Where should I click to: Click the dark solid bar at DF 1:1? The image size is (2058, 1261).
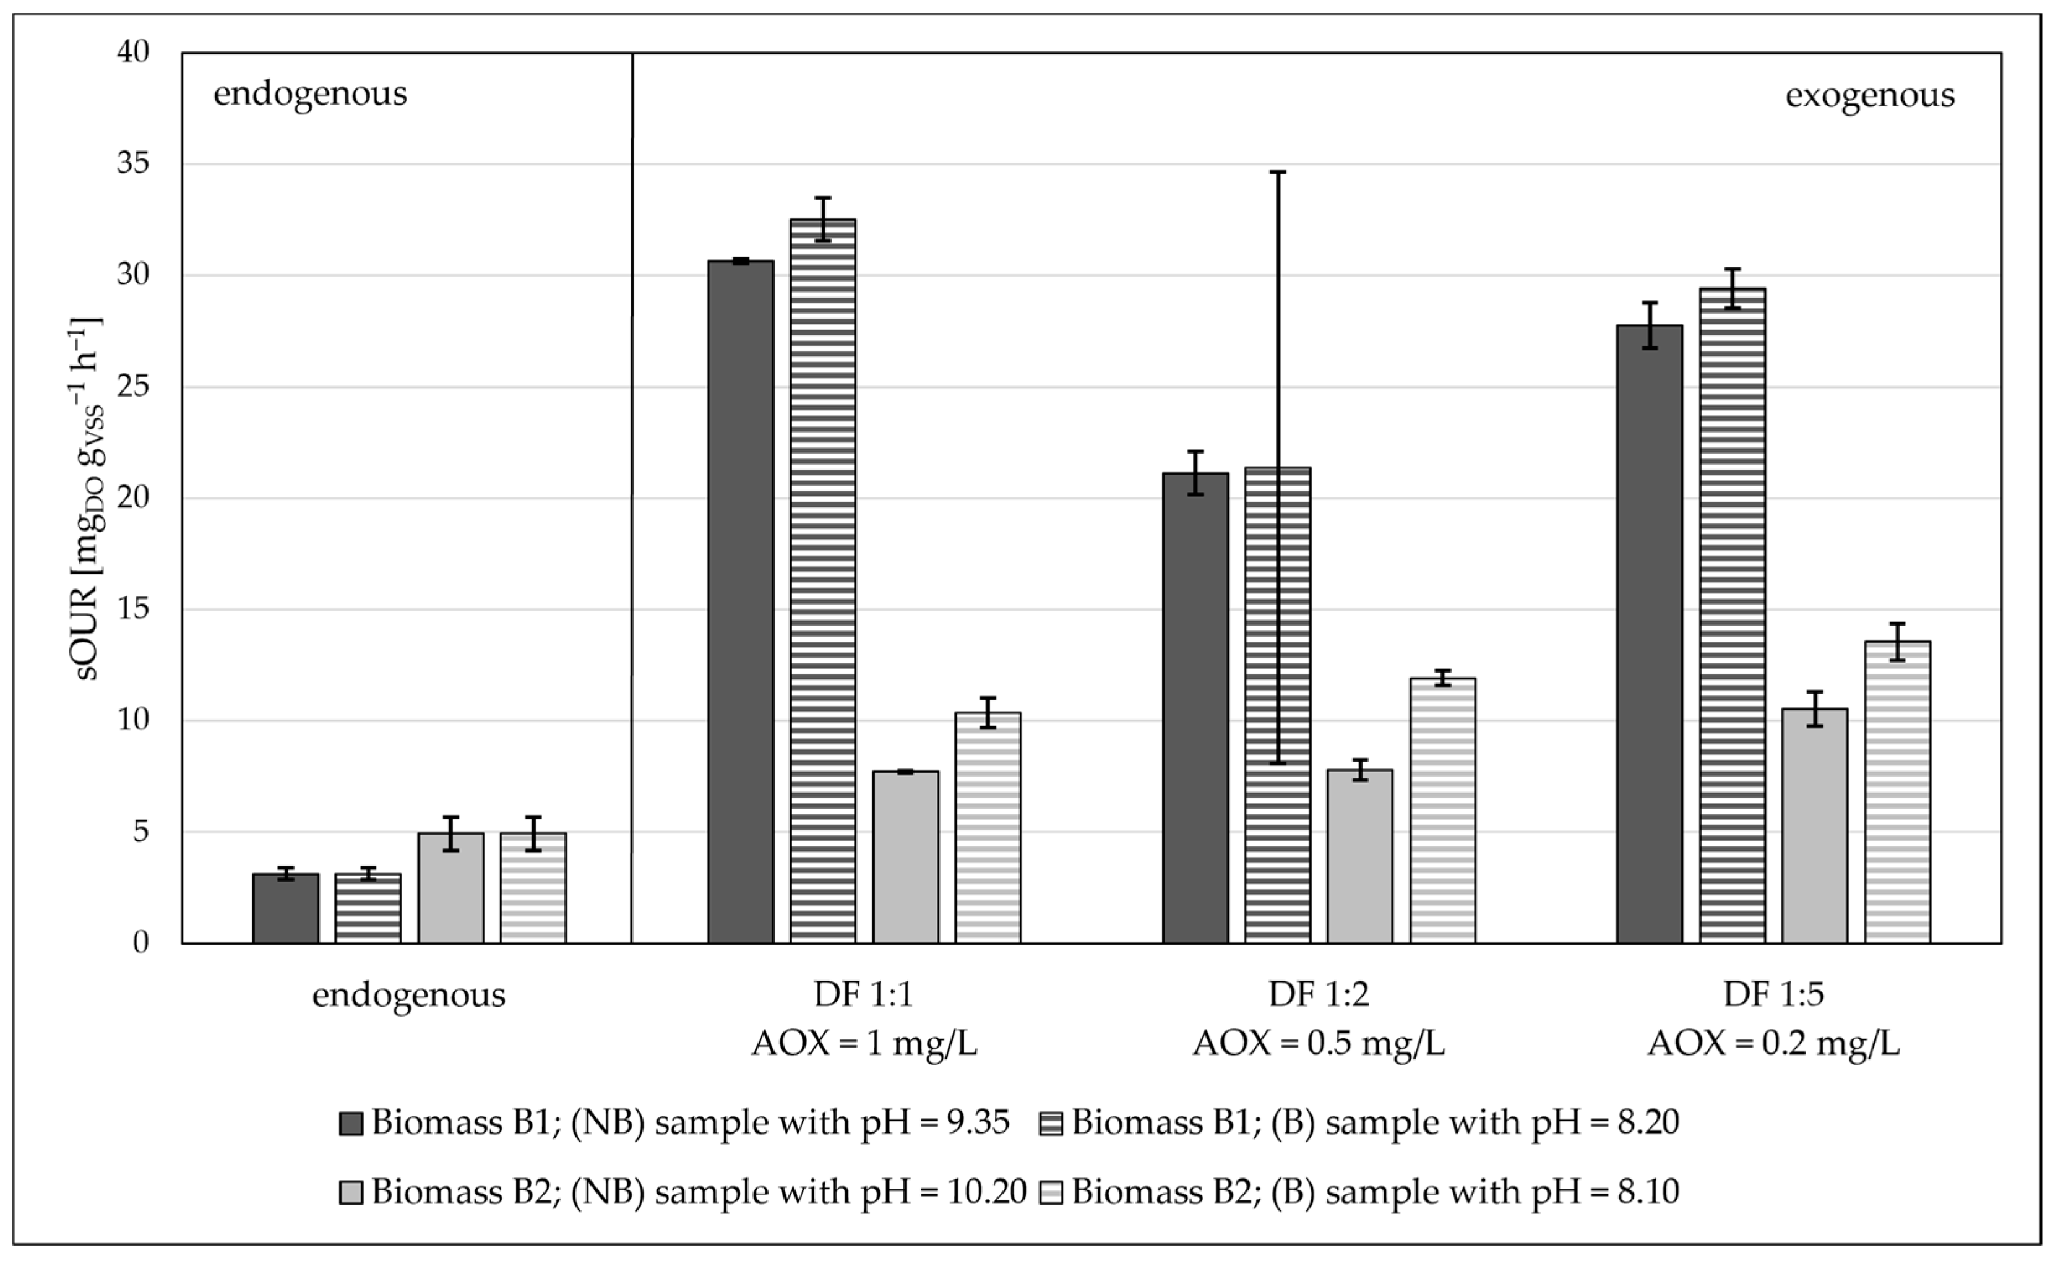(740, 601)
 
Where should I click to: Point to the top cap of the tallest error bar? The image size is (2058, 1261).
(1277, 172)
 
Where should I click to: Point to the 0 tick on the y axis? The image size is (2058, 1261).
(140, 943)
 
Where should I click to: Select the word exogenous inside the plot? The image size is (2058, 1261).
(1869, 95)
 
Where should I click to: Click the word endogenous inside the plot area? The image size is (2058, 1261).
(311, 93)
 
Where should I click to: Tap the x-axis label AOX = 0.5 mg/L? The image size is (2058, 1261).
(1318, 1043)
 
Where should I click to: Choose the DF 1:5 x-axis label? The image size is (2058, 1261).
(1773, 994)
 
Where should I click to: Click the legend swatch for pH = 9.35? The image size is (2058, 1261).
(351, 1123)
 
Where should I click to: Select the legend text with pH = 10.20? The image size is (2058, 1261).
(698, 1192)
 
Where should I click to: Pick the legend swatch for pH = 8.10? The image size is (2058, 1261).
(1051, 1192)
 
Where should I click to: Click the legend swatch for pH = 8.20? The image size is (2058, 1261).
(1051, 1123)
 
